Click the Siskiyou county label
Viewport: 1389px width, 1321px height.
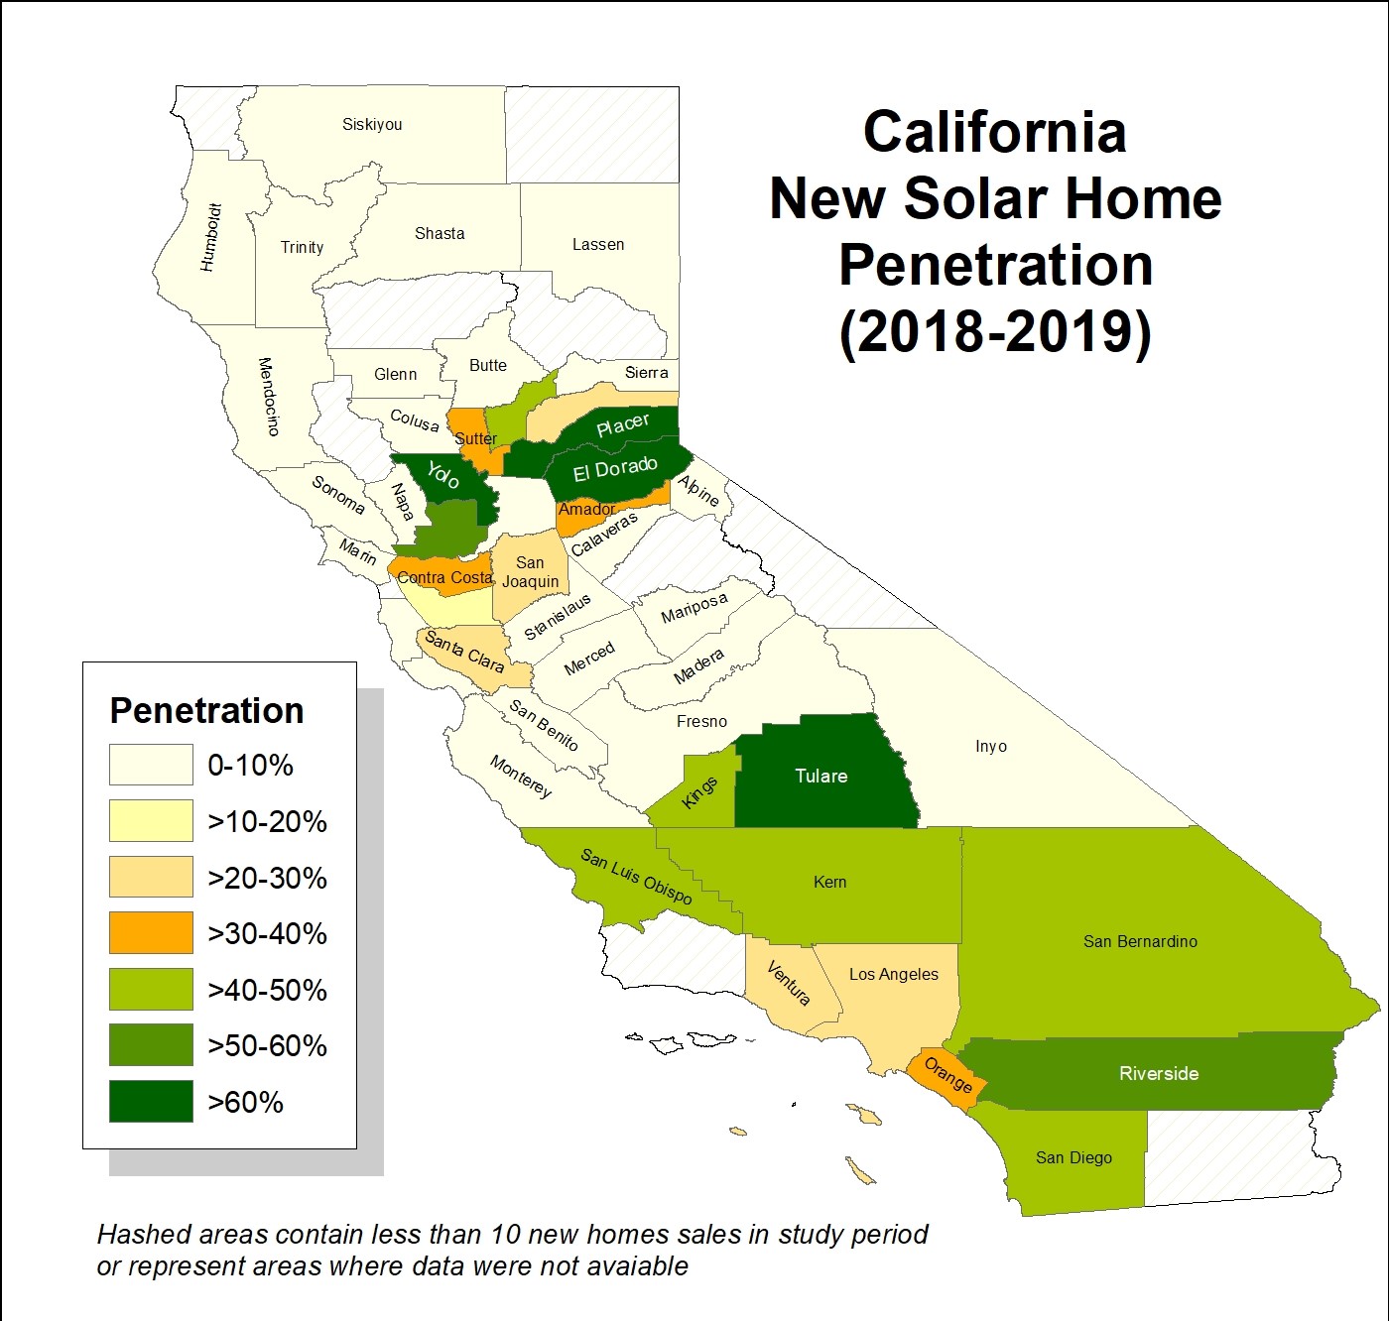[x=372, y=125]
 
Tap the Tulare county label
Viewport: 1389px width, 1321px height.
[x=821, y=776]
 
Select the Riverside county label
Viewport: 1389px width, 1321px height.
[x=1159, y=1073]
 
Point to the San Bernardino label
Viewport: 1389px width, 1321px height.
[x=1140, y=941]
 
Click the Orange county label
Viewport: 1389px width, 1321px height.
[x=948, y=1075]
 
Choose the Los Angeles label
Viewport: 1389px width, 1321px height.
[x=893, y=974]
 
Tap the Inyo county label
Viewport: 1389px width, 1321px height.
[x=990, y=746]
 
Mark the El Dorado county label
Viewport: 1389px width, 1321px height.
[x=615, y=468]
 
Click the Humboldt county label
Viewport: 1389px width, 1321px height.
[x=210, y=238]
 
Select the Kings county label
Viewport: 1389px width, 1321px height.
[x=700, y=792]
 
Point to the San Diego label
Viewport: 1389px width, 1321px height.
[x=1073, y=1157]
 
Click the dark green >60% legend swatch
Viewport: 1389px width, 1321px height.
[x=151, y=1102]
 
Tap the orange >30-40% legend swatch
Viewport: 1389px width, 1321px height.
[x=151, y=933]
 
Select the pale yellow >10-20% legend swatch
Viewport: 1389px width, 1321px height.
[x=151, y=821]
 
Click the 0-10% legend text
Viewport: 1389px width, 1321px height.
[x=250, y=766]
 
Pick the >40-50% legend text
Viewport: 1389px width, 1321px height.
[x=267, y=990]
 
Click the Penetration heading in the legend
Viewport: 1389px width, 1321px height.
[x=206, y=711]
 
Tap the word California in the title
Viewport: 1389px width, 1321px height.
[x=994, y=132]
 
